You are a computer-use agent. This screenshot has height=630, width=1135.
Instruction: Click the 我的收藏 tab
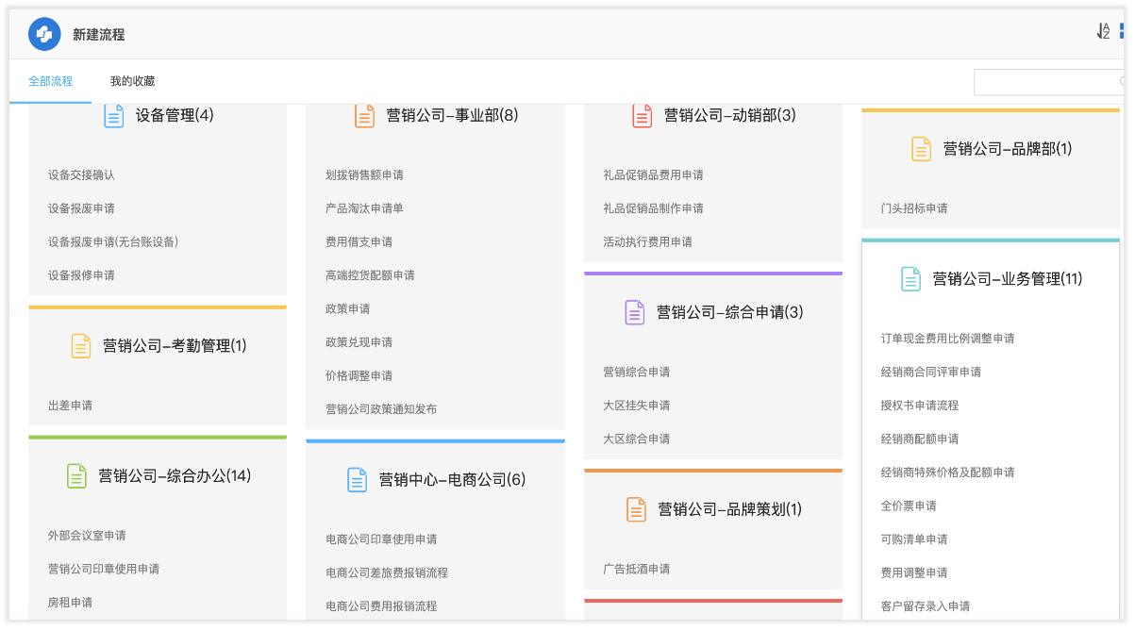coord(132,81)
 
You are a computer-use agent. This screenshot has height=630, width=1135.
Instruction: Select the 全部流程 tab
coord(50,81)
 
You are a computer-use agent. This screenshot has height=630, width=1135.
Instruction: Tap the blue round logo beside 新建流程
coord(44,35)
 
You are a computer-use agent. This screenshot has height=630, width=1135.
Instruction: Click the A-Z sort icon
coord(1103,31)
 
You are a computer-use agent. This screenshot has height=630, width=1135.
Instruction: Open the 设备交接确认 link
coord(81,175)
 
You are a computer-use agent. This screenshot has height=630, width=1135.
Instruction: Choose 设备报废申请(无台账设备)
coord(113,242)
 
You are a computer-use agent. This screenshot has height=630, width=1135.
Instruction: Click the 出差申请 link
coord(70,406)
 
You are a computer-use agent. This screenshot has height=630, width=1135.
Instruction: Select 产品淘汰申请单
coord(364,208)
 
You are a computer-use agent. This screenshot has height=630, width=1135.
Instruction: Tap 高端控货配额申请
coord(370,275)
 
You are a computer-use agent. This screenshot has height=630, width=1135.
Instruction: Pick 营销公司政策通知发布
coord(381,409)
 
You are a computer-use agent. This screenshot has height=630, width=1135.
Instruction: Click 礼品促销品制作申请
coord(653,208)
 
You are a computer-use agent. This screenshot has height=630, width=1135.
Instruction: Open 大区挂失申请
coord(637,406)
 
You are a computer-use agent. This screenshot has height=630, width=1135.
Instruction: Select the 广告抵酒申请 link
coord(637,570)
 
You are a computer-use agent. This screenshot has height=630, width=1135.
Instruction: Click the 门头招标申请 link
coord(914,208)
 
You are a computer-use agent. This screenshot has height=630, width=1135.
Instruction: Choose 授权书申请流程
coord(920,406)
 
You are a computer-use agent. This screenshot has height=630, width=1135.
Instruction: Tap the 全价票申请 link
coord(909,506)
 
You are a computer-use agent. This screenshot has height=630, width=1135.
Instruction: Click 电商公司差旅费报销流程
coord(387,572)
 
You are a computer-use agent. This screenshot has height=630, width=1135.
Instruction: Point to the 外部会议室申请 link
coord(87,536)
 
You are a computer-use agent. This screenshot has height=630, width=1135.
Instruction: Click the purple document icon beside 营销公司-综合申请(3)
coord(634,312)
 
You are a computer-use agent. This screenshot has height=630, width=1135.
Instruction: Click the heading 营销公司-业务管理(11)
coord(1008,279)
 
